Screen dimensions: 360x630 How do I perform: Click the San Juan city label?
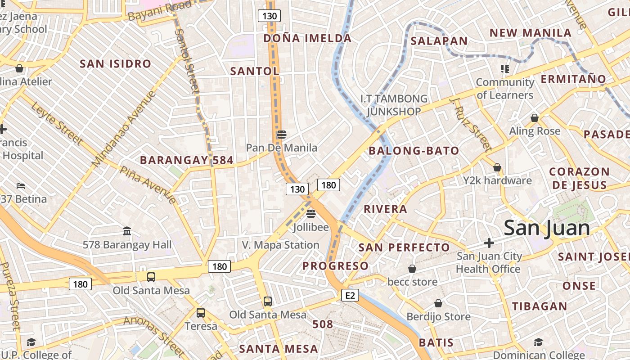click(546, 228)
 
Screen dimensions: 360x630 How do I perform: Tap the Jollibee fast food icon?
click(310, 213)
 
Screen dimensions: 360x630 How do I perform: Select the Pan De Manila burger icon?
click(282, 134)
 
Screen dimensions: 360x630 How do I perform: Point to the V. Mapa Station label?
click(280, 245)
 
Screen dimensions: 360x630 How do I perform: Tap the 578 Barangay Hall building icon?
click(127, 231)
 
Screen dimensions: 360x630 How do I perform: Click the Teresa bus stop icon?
click(201, 312)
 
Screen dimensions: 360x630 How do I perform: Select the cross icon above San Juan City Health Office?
click(489, 243)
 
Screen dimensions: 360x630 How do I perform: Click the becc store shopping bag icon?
click(412, 269)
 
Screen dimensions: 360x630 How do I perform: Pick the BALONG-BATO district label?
click(414, 151)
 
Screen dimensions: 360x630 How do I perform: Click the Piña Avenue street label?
click(148, 184)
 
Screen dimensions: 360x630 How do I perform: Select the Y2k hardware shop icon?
click(497, 167)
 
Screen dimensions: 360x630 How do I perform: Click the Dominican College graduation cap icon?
click(538, 342)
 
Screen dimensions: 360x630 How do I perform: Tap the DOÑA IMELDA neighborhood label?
click(307, 38)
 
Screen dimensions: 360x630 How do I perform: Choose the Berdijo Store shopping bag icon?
click(438, 303)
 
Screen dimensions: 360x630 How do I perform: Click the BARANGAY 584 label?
click(186, 160)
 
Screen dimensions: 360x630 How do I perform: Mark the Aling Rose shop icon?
click(535, 118)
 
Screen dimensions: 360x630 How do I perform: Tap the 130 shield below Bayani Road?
click(269, 16)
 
